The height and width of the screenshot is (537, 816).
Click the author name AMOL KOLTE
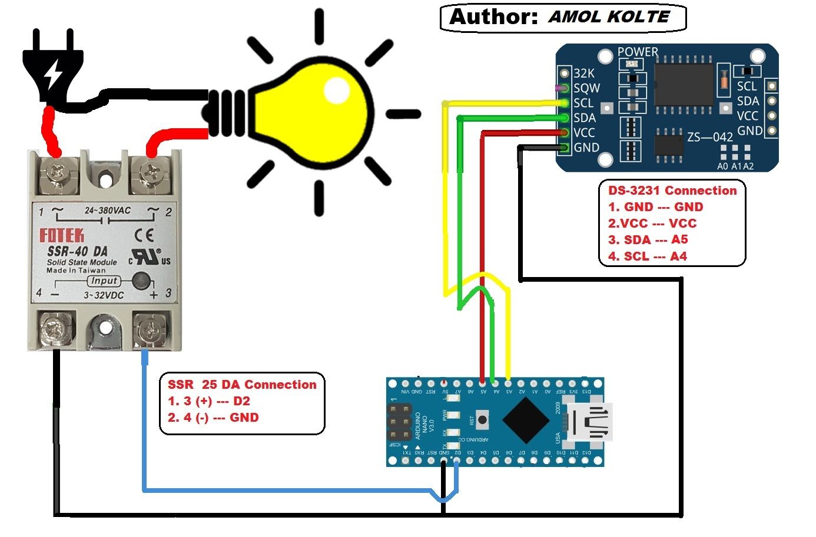(609, 16)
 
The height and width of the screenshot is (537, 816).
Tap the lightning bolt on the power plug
(54, 74)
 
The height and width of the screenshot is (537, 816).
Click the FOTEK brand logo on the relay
(62, 236)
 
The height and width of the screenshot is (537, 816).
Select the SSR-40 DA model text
(77, 251)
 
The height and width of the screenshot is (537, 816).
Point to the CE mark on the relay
(144, 236)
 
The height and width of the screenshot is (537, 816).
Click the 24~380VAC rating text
(107, 210)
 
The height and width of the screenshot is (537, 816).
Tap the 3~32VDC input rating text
(104, 295)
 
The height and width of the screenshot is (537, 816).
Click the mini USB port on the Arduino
(591, 422)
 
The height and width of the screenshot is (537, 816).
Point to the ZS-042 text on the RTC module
(709, 137)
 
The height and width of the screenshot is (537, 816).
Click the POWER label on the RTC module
(638, 52)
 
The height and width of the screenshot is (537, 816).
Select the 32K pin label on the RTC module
(584, 73)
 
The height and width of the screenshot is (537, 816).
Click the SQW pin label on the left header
(586, 88)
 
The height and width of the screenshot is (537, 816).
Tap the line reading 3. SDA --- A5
(648, 239)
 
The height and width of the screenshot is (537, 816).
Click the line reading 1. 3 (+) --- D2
(209, 401)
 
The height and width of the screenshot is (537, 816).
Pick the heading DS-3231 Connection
(672, 191)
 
